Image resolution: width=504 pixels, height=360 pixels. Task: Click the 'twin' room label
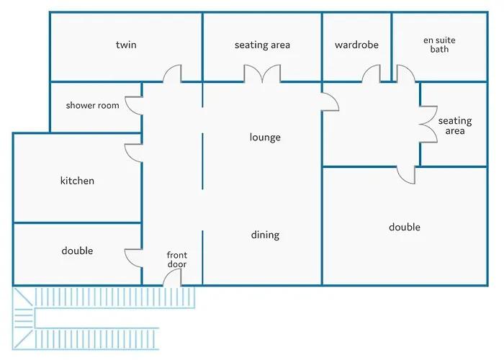point(126,45)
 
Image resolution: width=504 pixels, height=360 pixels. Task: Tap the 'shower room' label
point(92,106)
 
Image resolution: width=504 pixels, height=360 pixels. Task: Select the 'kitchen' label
point(77,181)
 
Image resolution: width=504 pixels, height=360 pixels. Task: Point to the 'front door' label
point(176,260)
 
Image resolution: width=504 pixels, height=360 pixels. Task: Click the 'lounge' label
point(265,138)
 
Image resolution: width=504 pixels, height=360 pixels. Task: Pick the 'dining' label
point(265,235)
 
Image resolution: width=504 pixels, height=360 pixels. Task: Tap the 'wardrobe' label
point(356,45)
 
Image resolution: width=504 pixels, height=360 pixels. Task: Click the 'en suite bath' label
point(439,45)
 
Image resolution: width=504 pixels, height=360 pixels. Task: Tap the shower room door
point(134,105)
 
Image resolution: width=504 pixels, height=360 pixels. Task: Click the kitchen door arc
point(133,152)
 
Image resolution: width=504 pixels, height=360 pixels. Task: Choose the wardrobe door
point(371,73)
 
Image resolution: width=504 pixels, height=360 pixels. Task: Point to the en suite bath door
point(405,73)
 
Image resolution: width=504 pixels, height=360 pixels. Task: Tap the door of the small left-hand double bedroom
point(134,258)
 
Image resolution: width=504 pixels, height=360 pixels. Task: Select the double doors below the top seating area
point(261,73)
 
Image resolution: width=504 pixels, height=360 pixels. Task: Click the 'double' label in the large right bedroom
point(405,228)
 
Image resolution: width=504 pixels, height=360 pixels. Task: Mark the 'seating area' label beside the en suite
point(455,126)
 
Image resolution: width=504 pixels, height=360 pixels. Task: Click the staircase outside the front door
point(101,317)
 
